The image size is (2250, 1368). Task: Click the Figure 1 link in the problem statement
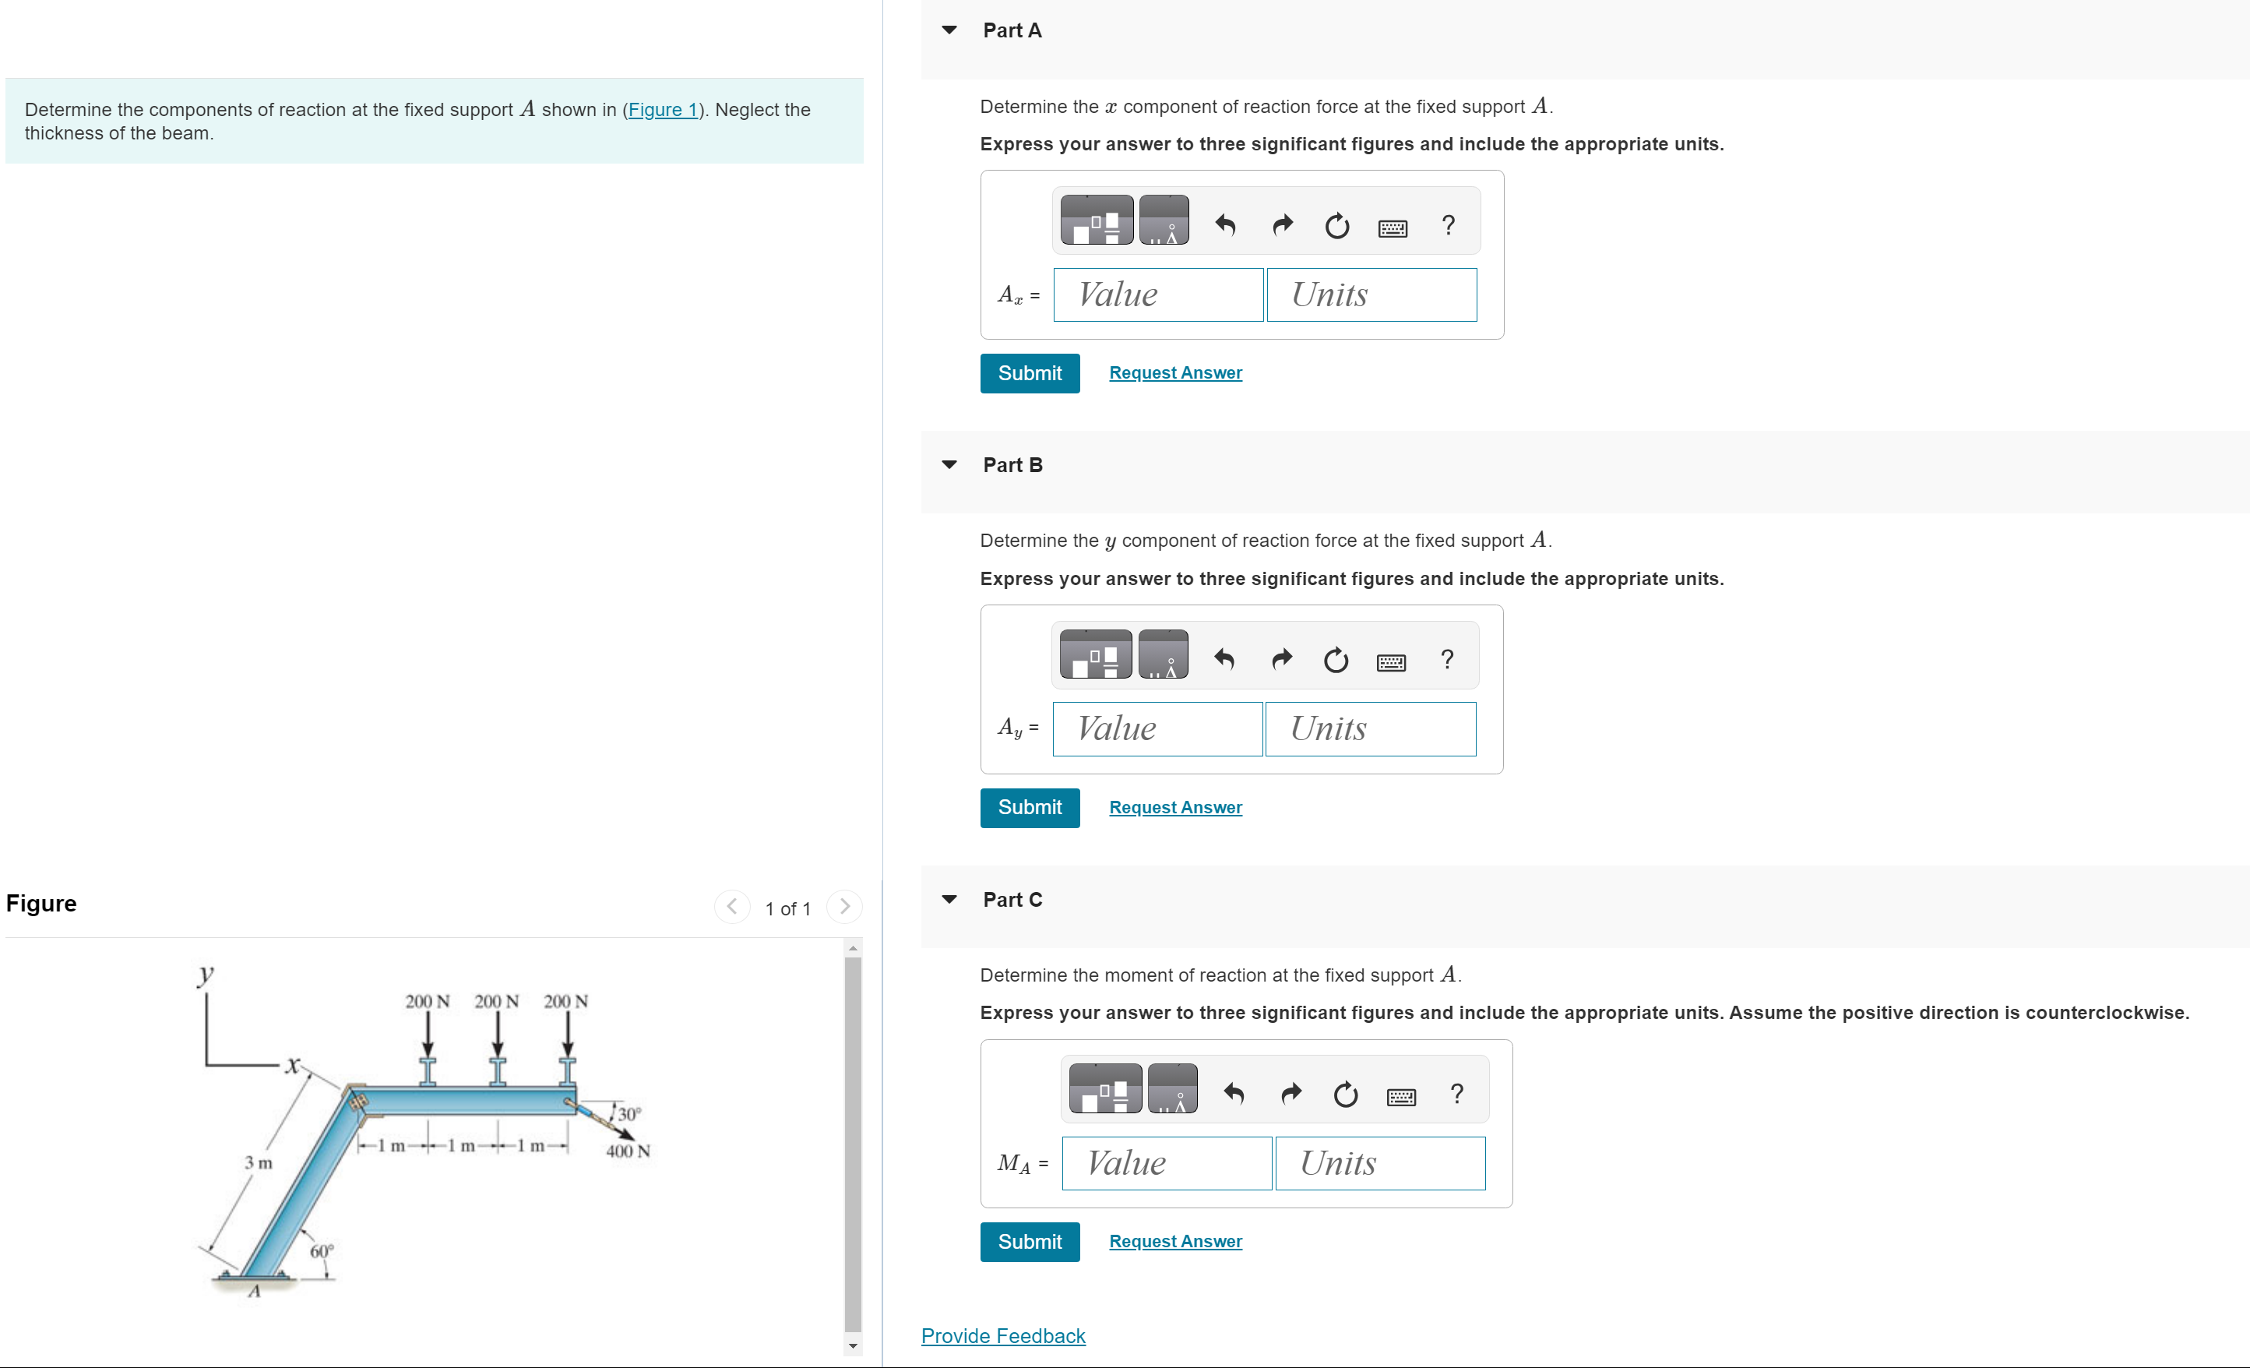[x=662, y=110]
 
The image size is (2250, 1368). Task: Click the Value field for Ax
[x=1157, y=295]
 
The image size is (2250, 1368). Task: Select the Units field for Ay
[x=1370, y=728]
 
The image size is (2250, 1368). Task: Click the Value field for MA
[x=1166, y=1163]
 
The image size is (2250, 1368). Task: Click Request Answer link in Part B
[x=1175, y=807]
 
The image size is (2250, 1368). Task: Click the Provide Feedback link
[x=1002, y=1336]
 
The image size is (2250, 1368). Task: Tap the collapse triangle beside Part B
[x=949, y=465]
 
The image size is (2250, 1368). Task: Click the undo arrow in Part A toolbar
[x=1225, y=224]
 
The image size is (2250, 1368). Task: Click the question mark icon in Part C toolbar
[x=1456, y=1093]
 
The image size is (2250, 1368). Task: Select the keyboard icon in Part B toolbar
[x=1391, y=661]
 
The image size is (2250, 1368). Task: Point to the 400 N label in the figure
[x=629, y=1151]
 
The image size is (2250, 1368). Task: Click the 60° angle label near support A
[x=322, y=1251]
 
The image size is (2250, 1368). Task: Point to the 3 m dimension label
[x=258, y=1162]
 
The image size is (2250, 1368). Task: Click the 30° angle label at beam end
[x=629, y=1114]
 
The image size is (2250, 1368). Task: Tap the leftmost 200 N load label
[x=428, y=1002]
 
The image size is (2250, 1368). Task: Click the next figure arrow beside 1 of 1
[x=843, y=907]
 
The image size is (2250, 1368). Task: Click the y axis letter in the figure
[x=206, y=974]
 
